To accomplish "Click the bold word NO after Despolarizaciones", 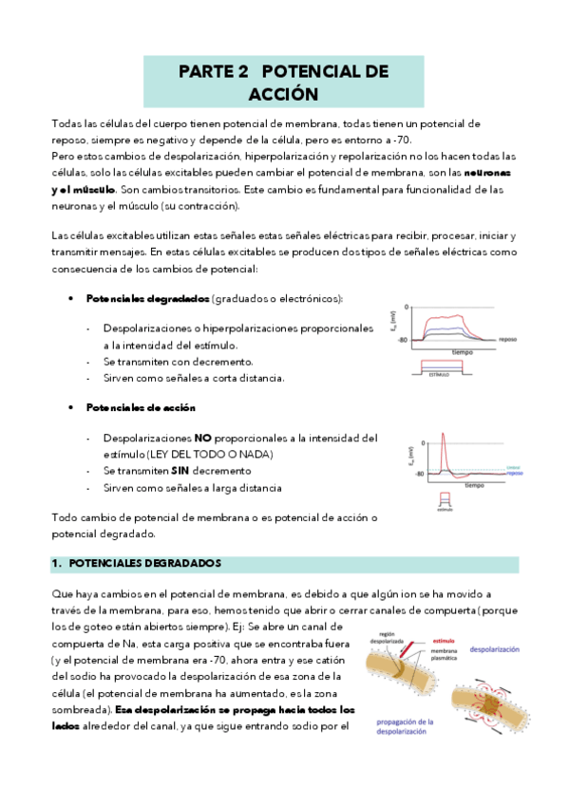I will [x=203, y=439].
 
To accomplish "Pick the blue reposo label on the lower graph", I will [x=513, y=472].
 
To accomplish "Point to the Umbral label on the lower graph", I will [x=513, y=465].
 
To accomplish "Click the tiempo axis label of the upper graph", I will [x=463, y=351].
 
